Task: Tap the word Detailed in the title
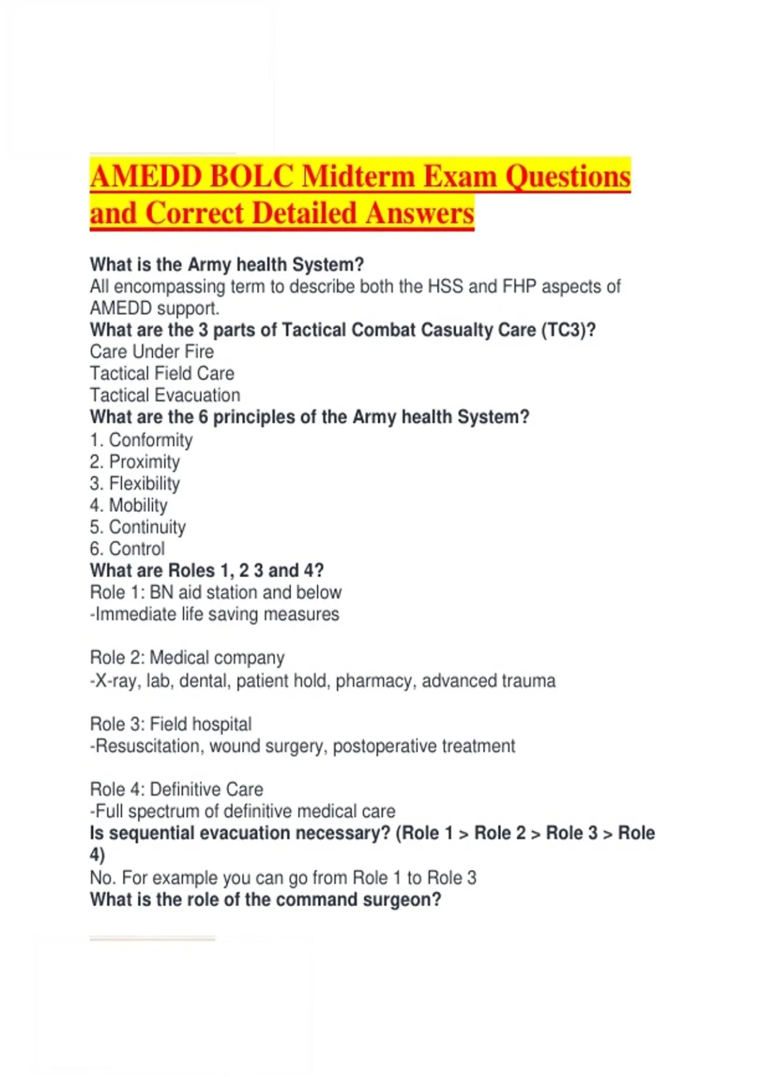[x=305, y=213]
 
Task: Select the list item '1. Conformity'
[x=141, y=440]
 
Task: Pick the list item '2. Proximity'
[x=135, y=462]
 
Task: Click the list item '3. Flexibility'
[x=135, y=483]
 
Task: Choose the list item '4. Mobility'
[x=129, y=506]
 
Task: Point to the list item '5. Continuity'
[x=138, y=527]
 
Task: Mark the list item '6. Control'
[x=127, y=549]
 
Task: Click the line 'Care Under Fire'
[x=152, y=352]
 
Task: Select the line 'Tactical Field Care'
[x=162, y=373]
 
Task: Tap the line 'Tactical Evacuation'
[x=165, y=395]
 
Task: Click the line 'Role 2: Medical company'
[x=187, y=658]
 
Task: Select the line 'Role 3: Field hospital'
[x=171, y=723]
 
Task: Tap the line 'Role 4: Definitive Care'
[x=177, y=789]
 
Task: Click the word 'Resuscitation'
[x=147, y=746]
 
